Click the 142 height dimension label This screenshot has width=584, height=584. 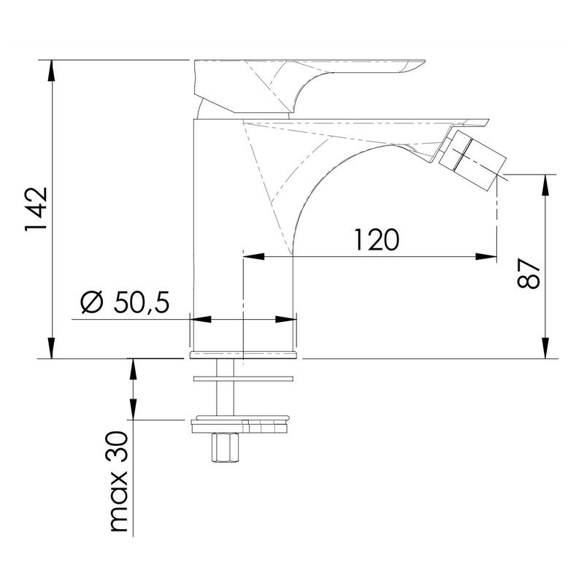pos(36,209)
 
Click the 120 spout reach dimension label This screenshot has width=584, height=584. pos(377,239)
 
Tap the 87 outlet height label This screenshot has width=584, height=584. pos(529,274)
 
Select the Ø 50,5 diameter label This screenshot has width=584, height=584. pos(125,302)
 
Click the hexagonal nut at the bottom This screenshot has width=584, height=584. pos(225,447)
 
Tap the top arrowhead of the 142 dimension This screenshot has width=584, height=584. pos(52,70)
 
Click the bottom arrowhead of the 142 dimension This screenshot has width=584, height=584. pos(52,348)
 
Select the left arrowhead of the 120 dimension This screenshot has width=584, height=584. pos(253,256)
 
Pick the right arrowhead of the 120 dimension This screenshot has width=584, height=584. pos(486,256)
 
